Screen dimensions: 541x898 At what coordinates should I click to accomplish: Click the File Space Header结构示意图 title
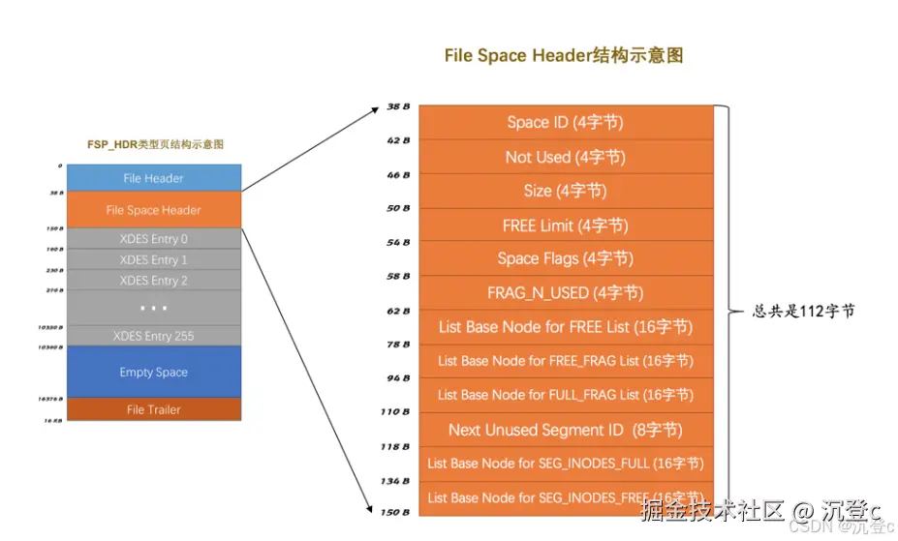click(x=564, y=55)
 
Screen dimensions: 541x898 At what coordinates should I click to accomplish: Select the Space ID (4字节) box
click(x=565, y=123)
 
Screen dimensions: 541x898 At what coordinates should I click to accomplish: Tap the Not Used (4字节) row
click(x=565, y=157)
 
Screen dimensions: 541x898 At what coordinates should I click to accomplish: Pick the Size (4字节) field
click(x=565, y=191)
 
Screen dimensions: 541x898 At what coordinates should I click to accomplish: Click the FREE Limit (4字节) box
click(x=565, y=225)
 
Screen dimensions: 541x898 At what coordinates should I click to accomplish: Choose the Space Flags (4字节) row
click(x=565, y=258)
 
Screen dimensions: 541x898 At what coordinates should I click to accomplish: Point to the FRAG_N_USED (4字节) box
click(x=565, y=292)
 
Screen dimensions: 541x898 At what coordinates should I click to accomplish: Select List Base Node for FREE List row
click(x=565, y=327)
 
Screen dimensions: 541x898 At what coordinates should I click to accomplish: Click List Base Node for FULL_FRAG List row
click(x=565, y=395)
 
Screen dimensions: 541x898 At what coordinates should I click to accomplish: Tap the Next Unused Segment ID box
click(x=565, y=430)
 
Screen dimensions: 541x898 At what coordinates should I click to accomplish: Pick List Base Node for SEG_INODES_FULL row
click(x=565, y=464)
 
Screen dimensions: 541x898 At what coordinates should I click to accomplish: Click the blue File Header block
click(x=153, y=178)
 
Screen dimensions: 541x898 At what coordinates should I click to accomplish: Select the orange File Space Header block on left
click(x=153, y=210)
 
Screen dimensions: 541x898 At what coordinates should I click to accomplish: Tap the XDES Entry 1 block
click(x=153, y=259)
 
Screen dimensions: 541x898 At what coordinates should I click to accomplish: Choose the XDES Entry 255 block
click(x=153, y=336)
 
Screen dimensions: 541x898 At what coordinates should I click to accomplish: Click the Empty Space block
click(x=153, y=372)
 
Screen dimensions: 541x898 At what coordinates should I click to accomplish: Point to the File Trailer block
click(x=153, y=409)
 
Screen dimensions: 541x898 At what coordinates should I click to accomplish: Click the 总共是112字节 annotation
click(x=803, y=312)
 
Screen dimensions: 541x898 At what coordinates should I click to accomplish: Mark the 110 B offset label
click(x=395, y=412)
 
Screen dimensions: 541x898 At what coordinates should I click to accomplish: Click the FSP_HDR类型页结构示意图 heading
click(x=155, y=144)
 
